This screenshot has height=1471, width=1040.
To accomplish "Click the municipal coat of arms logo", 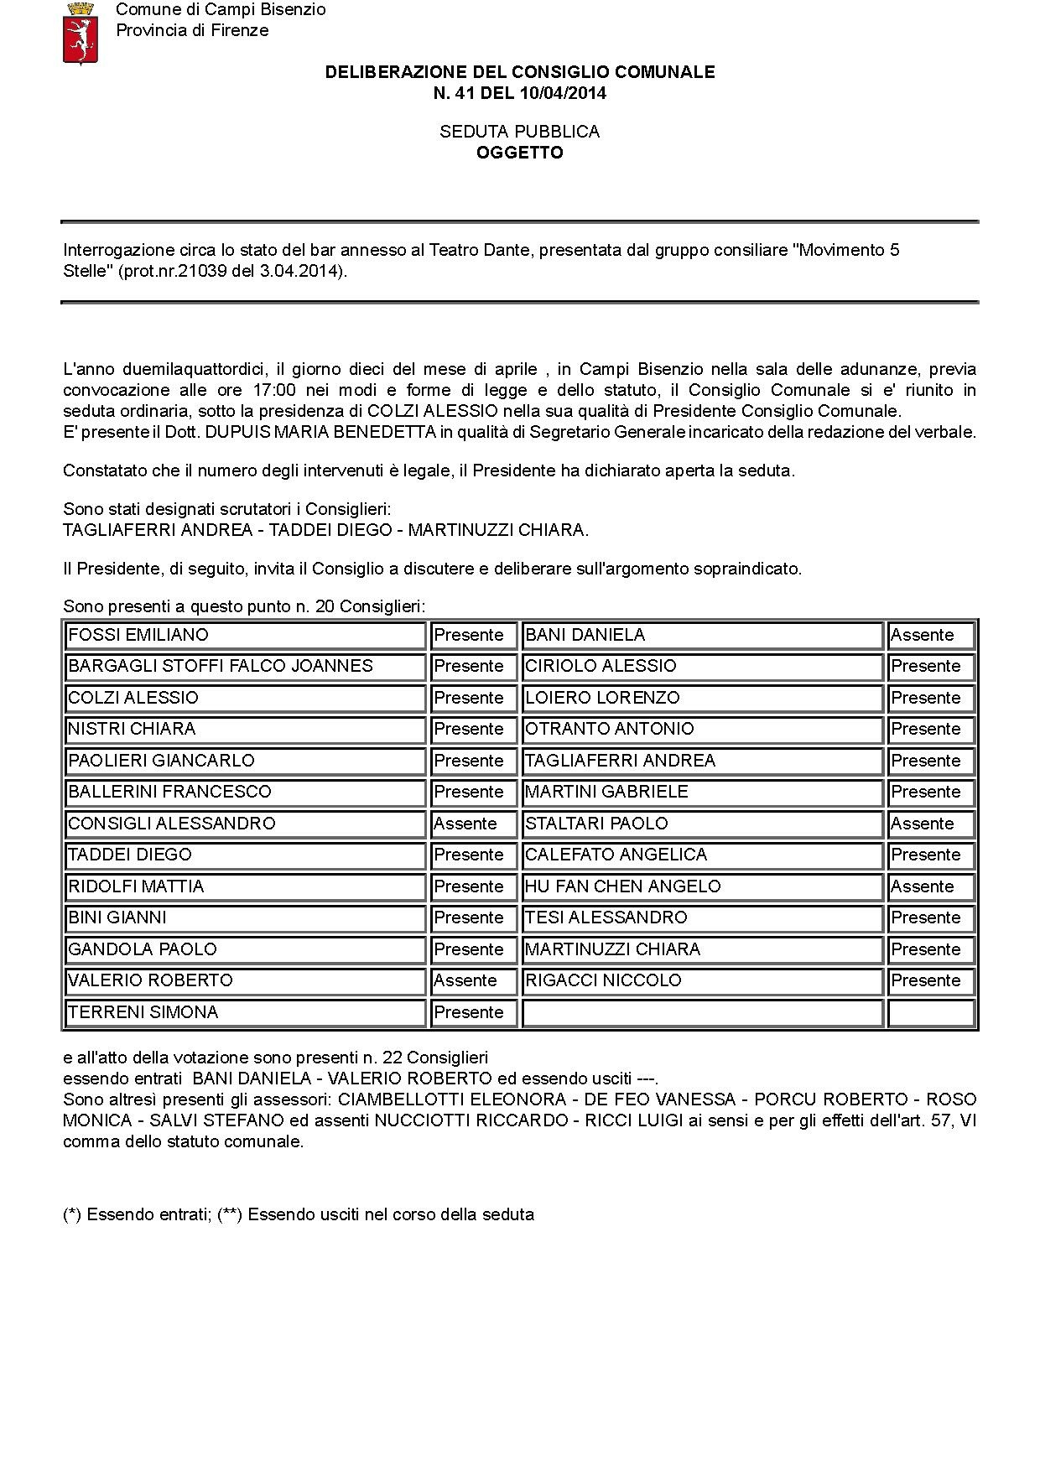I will pyautogui.click(x=81, y=33).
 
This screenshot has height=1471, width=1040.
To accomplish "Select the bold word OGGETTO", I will pyautogui.click(x=520, y=153).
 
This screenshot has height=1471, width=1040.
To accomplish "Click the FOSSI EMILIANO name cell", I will pyautogui.click(x=245, y=635).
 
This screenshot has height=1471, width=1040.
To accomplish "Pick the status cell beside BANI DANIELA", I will pyautogui.click(x=930, y=635).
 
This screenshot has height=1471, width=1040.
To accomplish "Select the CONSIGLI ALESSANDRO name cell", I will pyautogui.click(x=245, y=824).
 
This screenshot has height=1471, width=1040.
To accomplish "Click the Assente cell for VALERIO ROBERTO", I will pyautogui.click(x=472, y=980).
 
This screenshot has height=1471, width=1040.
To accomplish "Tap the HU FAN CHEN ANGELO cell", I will pyautogui.click(x=702, y=886).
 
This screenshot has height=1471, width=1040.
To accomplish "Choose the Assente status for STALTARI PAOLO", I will pyautogui.click(x=930, y=824).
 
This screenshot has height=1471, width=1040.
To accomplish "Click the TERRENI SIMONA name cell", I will pyautogui.click(x=245, y=1012).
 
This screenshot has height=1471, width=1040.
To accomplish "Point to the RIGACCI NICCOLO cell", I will pyautogui.click(x=702, y=980).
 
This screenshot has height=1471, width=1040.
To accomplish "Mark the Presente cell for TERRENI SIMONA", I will pyautogui.click(x=472, y=1012).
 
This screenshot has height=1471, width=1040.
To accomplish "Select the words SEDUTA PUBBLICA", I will pyautogui.click(x=520, y=132).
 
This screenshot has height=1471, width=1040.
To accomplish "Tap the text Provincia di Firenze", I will pyautogui.click(x=192, y=30).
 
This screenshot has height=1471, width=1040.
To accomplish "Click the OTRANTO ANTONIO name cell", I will pyautogui.click(x=702, y=729).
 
